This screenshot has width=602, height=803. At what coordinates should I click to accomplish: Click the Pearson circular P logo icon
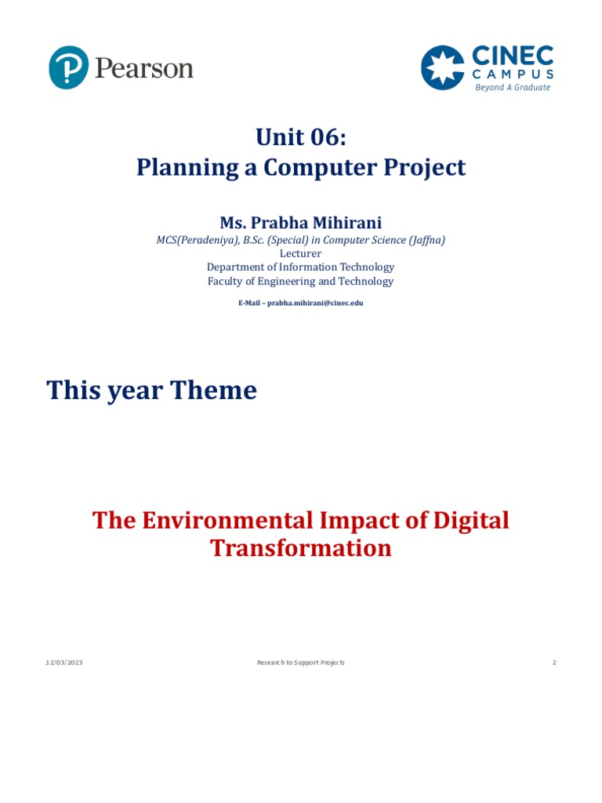68,67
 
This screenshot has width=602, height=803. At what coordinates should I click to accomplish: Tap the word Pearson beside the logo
144,68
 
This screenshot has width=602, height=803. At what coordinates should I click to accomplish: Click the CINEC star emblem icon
443,67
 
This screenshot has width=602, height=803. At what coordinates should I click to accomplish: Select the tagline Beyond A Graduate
513,88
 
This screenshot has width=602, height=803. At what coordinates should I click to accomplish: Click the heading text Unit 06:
301,137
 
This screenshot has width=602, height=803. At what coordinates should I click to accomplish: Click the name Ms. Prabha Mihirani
301,223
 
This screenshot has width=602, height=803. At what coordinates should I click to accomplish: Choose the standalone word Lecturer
300,254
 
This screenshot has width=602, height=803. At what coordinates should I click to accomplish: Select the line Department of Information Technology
300,267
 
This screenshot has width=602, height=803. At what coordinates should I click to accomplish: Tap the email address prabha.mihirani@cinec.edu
315,303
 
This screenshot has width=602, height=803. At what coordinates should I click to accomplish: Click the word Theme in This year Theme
216,390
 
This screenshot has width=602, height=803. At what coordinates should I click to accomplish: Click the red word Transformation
301,548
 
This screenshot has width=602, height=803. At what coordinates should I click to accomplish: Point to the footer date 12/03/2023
63,663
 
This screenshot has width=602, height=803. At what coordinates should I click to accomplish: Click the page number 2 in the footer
553,663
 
